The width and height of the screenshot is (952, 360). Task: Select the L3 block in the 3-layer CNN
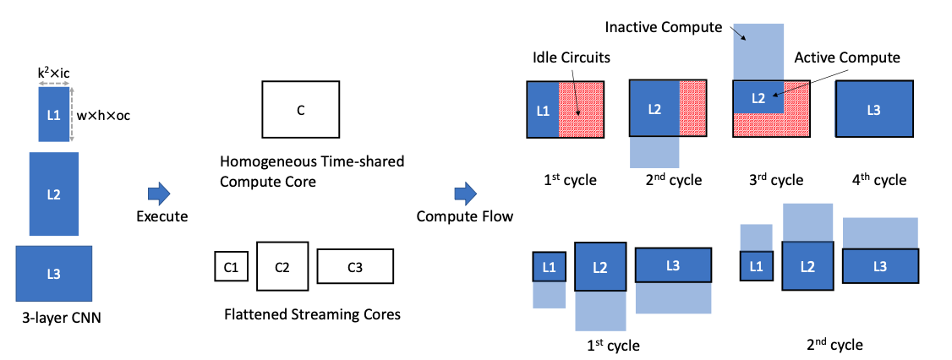(x=53, y=273)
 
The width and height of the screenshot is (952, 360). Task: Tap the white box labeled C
(x=300, y=110)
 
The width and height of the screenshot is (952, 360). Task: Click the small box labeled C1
(x=231, y=267)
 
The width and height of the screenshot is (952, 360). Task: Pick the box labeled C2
(x=282, y=267)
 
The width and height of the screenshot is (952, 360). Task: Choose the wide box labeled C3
(x=355, y=267)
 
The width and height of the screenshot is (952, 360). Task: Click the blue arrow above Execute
(x=161, y=194)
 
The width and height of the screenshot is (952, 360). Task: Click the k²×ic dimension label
(x=54, y=74)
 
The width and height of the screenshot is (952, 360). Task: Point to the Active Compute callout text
(x=847, y=57)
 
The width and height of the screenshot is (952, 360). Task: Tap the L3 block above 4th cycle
(x=874, y=109)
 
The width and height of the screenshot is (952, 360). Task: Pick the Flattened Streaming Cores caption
(x=312, y=314)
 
